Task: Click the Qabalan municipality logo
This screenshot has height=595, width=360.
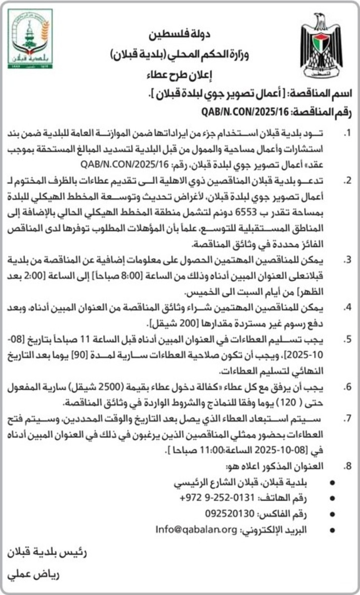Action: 30,39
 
